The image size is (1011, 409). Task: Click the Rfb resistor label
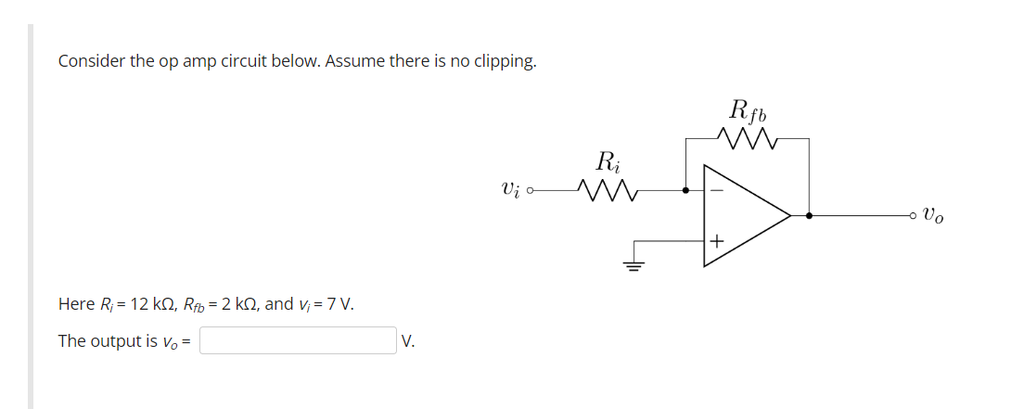[x=748, y=111]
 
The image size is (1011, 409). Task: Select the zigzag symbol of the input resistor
[x=607, y=190]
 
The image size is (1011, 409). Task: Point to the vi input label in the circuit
[x=510, y=189]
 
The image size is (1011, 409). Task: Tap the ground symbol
[x=634, y=265]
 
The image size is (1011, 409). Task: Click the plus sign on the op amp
[x=715, y=241]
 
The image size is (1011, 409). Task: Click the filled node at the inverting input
[x=685, y=190]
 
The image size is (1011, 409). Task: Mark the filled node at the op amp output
[x=809, y=216]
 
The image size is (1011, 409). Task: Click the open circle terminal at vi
[x=531, y=191]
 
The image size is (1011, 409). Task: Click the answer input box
[x=298, y=340]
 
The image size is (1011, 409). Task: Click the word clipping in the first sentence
[x=505, y=61]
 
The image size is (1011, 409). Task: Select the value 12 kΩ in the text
[x=140, y=304]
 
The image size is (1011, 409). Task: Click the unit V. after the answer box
[x=408, y=341]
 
